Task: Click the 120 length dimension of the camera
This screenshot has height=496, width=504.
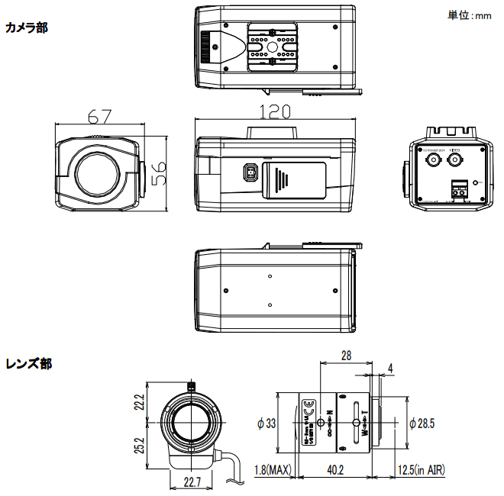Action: pyautogui.click(x=275, y=111)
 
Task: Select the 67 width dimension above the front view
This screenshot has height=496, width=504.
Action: pyautogui.click(x=99, y=117)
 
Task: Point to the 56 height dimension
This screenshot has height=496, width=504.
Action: pyautogui.click(x=159, y=174)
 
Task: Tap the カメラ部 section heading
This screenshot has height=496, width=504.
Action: pyautogui.click(x=26, y=28)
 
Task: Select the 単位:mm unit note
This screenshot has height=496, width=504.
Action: pyautogui.click(x=469, y=14)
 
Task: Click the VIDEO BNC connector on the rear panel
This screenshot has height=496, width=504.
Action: pyautogui.click(x=455, y=160)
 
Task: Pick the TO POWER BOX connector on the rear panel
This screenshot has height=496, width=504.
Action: pyautogui.click(x=433, y=161)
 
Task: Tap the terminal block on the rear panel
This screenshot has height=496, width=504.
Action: pyautogui.click(x=460, y=188)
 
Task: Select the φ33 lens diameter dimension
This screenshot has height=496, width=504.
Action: pyautogui.click(x=267, y=424)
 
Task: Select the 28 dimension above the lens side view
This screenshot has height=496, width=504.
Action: pyautogui.click(x=345, y=356)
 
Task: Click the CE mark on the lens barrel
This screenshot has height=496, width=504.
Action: pyautogui.click(x=309, y=405)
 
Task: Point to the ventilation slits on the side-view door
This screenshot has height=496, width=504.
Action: pyautogui.click(x=285, y=180)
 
